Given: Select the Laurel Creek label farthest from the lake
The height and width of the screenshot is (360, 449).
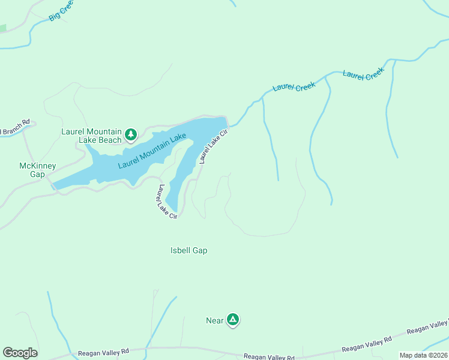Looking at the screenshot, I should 363,76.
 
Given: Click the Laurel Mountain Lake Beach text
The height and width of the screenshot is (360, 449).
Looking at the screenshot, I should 91,136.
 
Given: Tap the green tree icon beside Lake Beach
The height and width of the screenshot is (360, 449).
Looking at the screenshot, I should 130,134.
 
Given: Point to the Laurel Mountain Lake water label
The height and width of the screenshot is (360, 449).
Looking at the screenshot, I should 152,151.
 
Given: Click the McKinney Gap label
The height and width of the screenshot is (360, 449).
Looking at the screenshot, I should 37,170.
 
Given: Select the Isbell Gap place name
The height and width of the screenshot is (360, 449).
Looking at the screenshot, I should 188,250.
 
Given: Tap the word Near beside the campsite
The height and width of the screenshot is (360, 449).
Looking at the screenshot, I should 214,320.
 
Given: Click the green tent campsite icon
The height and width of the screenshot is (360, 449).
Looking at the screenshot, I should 233,320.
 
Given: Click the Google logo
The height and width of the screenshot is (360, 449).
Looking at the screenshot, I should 20,353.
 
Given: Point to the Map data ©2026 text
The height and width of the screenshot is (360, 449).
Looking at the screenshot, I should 423,355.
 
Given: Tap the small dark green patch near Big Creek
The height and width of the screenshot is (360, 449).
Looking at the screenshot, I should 2,28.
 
